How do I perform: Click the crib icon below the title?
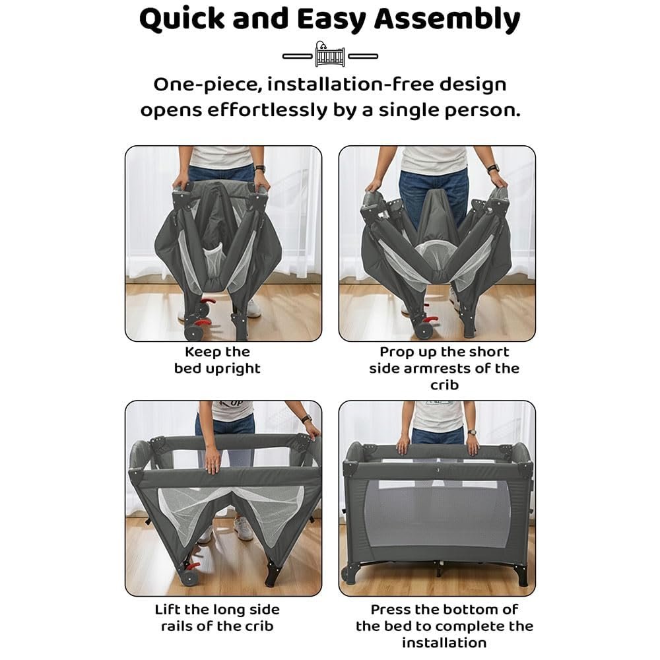coord(330,54)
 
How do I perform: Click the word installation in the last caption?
coord(444,643)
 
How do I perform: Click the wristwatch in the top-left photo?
coord(260,169)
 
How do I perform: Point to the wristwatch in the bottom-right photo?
coord(472,432)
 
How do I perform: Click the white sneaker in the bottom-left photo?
coord(244,528)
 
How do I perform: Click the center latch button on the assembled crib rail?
coord(438,470)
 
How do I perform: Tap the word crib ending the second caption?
coord(444,385)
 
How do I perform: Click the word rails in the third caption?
coord(177,626)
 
